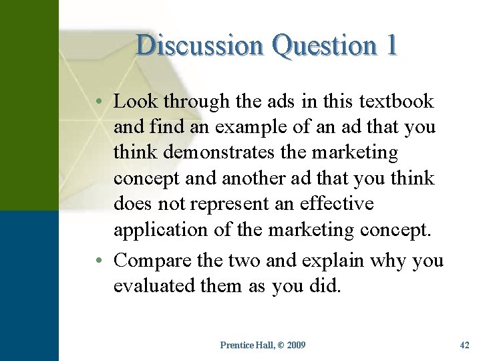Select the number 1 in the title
point(391,45)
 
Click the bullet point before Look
point(98,102)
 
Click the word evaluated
point(155,286)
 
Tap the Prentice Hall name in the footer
point(247,345)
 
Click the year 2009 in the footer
point(295,345)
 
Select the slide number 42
point(465,345)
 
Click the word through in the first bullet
point(190,102)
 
